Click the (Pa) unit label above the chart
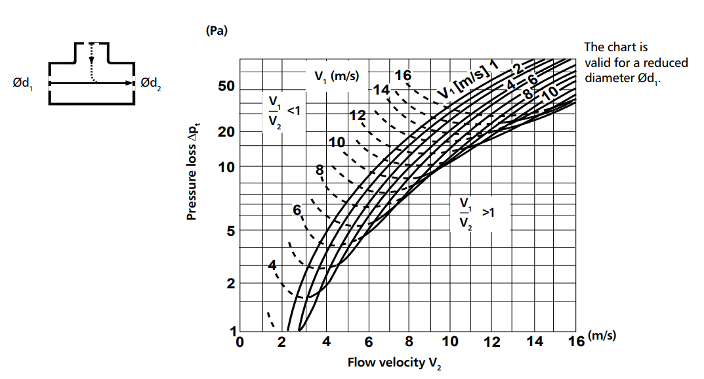[x=216, y=31]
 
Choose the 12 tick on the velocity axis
[x=491, y=342]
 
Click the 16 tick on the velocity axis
[x=575, y=342]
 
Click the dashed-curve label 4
[x=274, y=265]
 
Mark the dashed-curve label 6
[x=297, y=210]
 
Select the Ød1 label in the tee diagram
[x=22, y=83]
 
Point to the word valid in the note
[x=598, y=62]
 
